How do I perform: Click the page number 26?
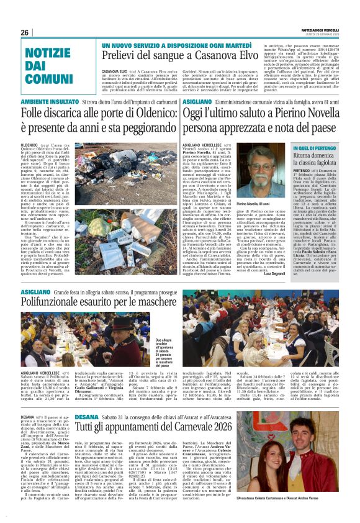(24, 32)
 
